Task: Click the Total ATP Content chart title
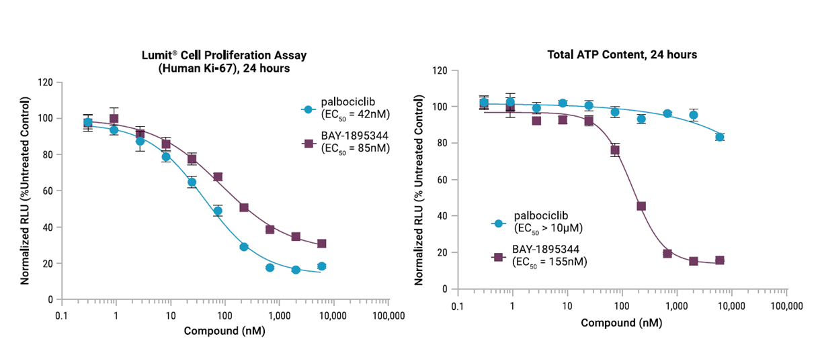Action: click(621, 54)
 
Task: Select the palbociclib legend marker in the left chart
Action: click(308, 109)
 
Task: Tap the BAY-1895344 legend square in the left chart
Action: click(308, 144)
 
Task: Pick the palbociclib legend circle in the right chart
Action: click(498, 223)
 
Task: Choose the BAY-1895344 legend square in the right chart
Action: click(498, 257)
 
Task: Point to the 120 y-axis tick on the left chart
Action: click(45, 83)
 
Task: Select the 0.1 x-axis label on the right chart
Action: click(458, 306)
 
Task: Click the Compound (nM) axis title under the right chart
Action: click(621, 322)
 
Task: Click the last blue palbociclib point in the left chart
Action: click(321, 266)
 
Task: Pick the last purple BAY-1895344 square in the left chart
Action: click(321, 244)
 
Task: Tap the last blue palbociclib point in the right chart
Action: click(720, 137)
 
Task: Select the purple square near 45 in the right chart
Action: click(641, 206)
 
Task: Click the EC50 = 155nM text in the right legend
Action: click(550, 262)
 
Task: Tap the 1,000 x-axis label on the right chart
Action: click(676, 306)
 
